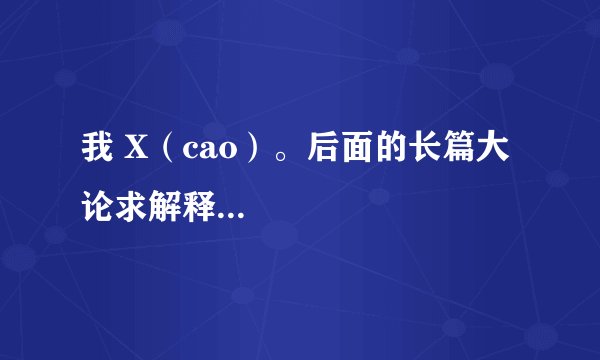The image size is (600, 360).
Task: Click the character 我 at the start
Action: (94, 154)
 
